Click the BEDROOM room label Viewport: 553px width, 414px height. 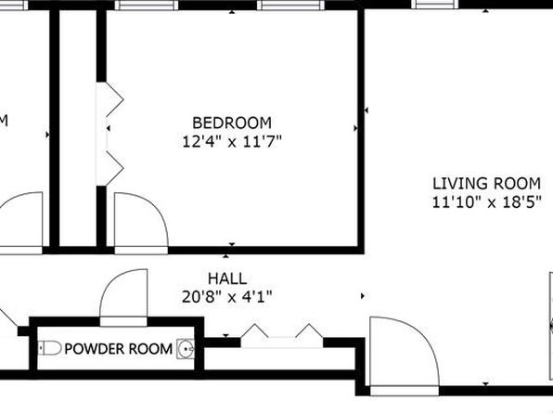click(x=232, y=123)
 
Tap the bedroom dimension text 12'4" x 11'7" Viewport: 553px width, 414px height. click(x=232, y=142)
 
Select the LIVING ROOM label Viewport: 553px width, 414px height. click(x=486, y=184)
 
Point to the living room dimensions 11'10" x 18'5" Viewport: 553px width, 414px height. click(x=486, y=202)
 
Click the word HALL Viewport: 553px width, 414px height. click(x=227, y=278)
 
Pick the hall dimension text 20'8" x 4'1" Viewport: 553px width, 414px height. click(x=227, y=297)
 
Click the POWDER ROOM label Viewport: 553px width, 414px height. click(x=119, y=349)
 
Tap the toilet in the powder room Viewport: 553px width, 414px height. click(x=50, y=348)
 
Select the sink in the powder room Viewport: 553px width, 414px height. click(x=186, y=349)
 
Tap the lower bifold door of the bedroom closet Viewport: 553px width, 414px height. click(x=115, y=168)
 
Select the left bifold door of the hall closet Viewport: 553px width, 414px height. click(x=254, y=330)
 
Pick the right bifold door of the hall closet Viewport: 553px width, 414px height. click(x=309, y=330)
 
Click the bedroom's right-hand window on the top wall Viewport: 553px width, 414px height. click(x=291, y=5)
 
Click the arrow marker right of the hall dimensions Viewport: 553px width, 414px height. click(x=363, y=296)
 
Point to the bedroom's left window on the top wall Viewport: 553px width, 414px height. click(x=147, y=5)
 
